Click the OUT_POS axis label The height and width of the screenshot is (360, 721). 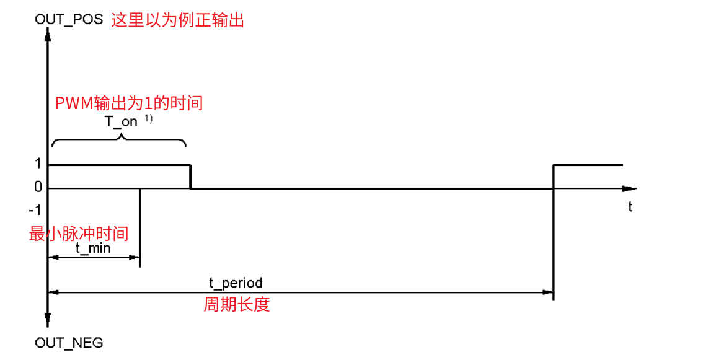click(69, 20)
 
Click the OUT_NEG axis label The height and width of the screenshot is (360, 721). click(69, 343)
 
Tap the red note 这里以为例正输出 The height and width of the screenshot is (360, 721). click(178, 20)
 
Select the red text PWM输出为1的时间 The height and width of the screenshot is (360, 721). click(130, 103)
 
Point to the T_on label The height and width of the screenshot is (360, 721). click(121, 121)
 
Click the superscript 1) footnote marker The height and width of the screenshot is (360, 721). click(149, 119)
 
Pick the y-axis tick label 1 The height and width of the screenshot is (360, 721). click(38, 164)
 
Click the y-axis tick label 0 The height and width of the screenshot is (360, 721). click(38, 187)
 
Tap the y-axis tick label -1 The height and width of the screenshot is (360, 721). click(36, 210)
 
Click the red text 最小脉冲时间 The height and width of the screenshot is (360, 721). click(79, 234)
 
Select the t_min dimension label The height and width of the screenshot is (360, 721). click(93, 248)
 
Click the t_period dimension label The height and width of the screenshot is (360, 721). click(236, 283)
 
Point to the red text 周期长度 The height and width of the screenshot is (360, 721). click(237, 305)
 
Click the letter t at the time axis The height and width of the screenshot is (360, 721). click(630, 207)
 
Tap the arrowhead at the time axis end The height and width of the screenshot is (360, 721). click(629, 188)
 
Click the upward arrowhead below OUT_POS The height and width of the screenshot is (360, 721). click(48, 33)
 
